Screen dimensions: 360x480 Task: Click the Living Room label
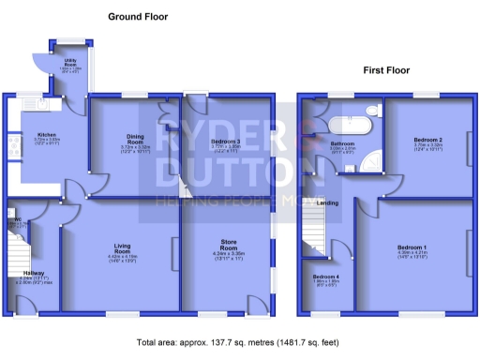(122, 248)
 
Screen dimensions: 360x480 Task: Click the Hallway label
(34, 275)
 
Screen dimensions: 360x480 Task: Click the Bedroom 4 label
(325, 278)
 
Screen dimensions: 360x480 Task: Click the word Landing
(327, 202)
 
